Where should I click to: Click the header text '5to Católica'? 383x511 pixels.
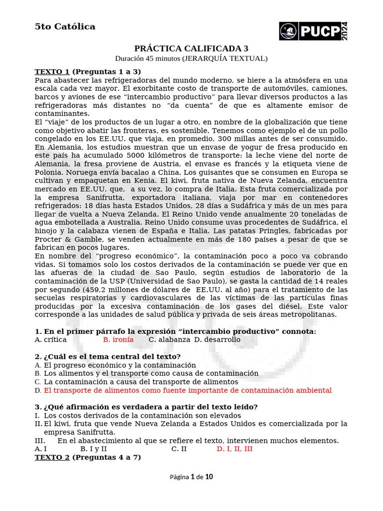(x=65, y=27)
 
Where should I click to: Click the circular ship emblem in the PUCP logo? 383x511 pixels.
(x=288, y=31)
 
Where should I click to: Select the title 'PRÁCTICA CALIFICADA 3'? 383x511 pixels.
(x=191, y=48)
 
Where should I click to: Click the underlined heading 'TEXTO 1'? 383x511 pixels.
(x=52, y=71)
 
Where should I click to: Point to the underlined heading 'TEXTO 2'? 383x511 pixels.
(x=52, y=457)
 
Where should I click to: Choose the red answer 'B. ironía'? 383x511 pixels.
(x=118, y=340)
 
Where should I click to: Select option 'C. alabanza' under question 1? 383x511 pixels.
(x=170, y=340)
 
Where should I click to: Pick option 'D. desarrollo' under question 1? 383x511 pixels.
(x=217, y=340)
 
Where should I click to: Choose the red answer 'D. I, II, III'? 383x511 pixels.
(x=234, y=449)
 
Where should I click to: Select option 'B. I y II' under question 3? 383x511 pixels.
(x=93, y=449)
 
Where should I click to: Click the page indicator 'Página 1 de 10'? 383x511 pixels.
(x=191, y=477)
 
